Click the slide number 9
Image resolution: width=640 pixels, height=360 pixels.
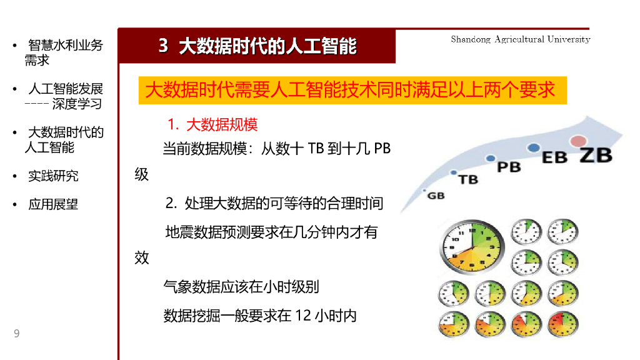[x=17, y=334]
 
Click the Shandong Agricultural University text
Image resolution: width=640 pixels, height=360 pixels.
[x=520, y=39]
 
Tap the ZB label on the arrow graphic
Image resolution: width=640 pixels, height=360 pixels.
[x=595, y=155]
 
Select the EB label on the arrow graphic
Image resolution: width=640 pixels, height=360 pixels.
[x=554, y=157]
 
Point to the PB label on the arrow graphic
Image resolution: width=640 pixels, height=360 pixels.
[x=509, y=167]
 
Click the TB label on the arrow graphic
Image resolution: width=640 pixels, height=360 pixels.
[x=468, y=179]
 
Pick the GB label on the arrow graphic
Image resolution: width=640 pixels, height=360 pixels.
[x=436, y=196]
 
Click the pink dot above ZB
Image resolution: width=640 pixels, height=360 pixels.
[x=579, y=141]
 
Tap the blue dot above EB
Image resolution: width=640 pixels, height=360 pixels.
[x=533, y=147]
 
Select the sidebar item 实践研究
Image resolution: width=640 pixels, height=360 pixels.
[x=53, y=176]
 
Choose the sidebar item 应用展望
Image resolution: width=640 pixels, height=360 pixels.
[x=53, y=204]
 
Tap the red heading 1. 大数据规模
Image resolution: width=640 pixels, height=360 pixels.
[x=212, y=124]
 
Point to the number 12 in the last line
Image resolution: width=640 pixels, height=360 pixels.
[x=302, y=316]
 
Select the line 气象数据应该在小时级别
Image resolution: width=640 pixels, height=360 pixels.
[x=241, y=287]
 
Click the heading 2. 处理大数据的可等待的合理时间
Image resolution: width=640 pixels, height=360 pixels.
[x=274, y=203]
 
